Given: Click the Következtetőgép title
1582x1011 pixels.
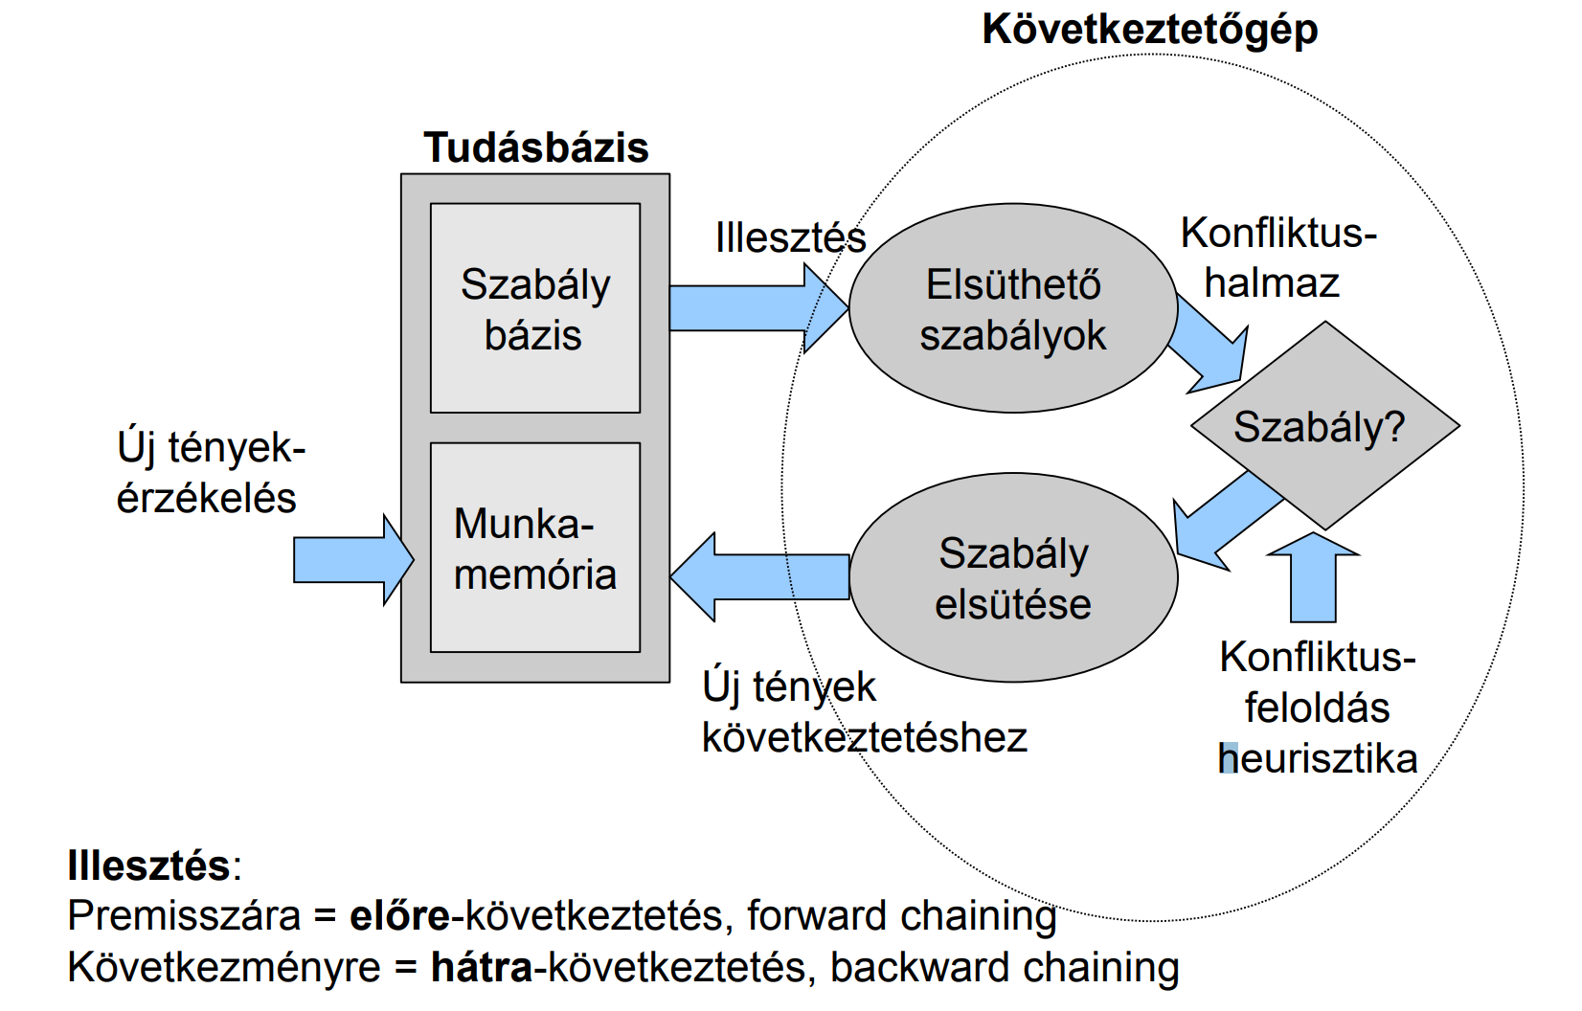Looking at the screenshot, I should coord(1150,30).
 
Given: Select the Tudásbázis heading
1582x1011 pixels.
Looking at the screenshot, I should coord(536,148).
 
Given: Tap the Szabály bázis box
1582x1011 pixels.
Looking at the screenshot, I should coord(535,308).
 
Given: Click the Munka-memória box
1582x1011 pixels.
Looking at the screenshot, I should coord(535,548).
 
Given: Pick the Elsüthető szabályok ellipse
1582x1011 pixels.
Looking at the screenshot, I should coord(1012,308).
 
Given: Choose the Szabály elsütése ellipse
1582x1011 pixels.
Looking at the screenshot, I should coord(1013,577).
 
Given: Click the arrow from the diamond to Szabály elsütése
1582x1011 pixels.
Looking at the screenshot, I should coord(1226,517).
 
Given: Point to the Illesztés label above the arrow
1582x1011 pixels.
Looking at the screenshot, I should coord(790,237).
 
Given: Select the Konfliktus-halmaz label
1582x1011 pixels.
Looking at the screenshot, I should coord(1277,258).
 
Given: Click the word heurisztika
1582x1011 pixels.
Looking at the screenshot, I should coord(1318,758).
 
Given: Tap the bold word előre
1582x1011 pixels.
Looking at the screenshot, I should coord(399,916).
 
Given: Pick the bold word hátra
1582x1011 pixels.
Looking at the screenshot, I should coord(482,967).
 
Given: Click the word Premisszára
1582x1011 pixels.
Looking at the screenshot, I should coord(184,916).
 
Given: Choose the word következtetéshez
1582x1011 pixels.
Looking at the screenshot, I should coord(864,737).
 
